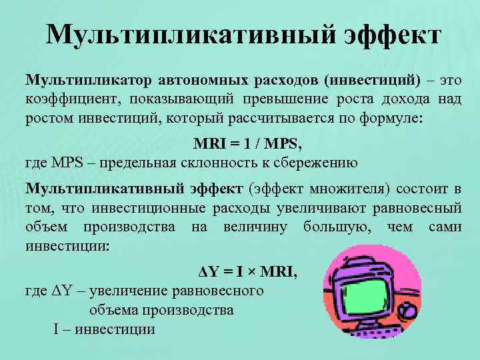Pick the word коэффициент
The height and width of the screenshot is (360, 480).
tap(67, 99)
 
